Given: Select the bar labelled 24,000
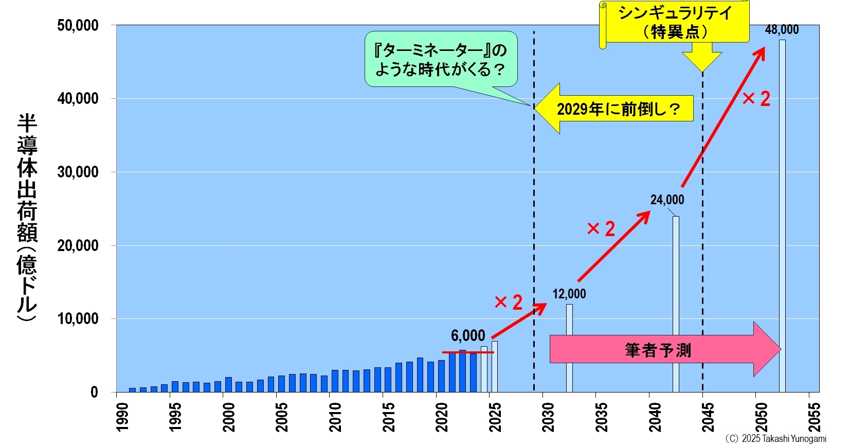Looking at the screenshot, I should point(676,304).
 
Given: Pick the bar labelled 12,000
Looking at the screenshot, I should point(569,348).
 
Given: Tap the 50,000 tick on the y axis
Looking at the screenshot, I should point(78,25).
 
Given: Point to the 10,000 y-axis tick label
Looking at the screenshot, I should point(78,319).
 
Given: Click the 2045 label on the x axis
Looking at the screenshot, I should point(708,417).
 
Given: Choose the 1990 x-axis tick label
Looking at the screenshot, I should point(122,417).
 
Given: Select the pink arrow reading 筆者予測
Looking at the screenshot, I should point(663,350).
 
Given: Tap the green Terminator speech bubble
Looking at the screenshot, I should point(441,59).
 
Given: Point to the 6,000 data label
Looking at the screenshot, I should point(468,336).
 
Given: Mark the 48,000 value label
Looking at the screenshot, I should point(782,30).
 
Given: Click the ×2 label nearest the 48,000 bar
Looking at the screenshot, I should point(756,99).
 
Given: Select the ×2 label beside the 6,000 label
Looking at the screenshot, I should point(508,302).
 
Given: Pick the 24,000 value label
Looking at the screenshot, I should point(667,200).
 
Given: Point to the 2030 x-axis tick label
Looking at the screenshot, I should point(548,417).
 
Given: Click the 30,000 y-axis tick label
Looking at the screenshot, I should point(78,172).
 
